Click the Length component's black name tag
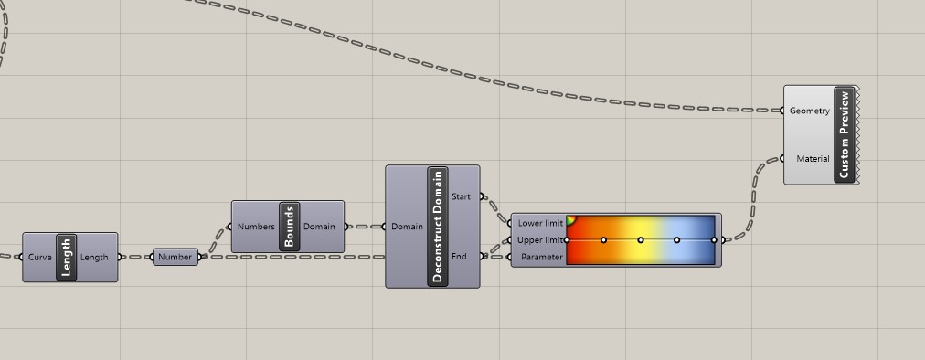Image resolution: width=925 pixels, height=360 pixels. [66, 257]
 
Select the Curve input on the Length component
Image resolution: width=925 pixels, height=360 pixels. [40, 258]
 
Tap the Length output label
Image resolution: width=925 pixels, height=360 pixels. [94, 258]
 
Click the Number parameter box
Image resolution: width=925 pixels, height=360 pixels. [175, 257]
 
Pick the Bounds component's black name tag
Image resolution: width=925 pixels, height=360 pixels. [289, 227]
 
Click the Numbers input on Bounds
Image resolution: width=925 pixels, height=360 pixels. [256, 227]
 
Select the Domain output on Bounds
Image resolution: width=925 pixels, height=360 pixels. [319, 227]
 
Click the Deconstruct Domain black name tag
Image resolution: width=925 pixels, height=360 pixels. [437, 227]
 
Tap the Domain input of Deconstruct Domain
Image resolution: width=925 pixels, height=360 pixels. [407, 227]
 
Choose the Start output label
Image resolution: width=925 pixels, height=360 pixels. [462, 196]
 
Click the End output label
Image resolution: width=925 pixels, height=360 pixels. [459, 257]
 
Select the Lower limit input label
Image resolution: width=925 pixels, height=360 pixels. [540, 223]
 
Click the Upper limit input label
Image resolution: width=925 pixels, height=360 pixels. [540, 240]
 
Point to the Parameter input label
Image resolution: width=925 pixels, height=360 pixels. [541, 258]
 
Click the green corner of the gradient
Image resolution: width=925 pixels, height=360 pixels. [570, 218]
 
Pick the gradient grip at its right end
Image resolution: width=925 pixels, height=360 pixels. [714, 240]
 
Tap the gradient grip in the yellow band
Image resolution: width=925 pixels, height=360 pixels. [641, 240]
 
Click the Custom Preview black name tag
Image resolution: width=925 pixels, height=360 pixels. [845, 134]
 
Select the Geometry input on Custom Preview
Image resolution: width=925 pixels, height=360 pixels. [809, 111]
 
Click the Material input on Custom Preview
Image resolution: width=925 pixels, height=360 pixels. [813, 159]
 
